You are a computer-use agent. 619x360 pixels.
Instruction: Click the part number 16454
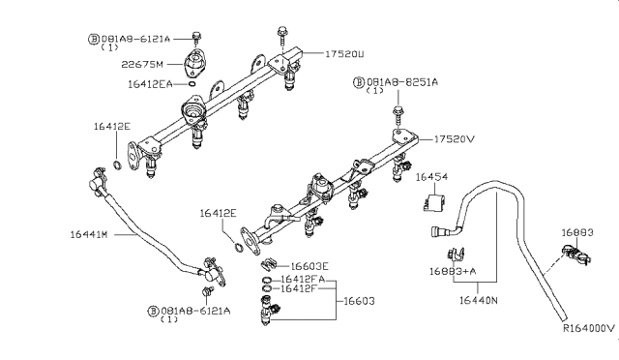tap(432, 177)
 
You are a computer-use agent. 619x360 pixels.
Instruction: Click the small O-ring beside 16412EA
tap(194, 85)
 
